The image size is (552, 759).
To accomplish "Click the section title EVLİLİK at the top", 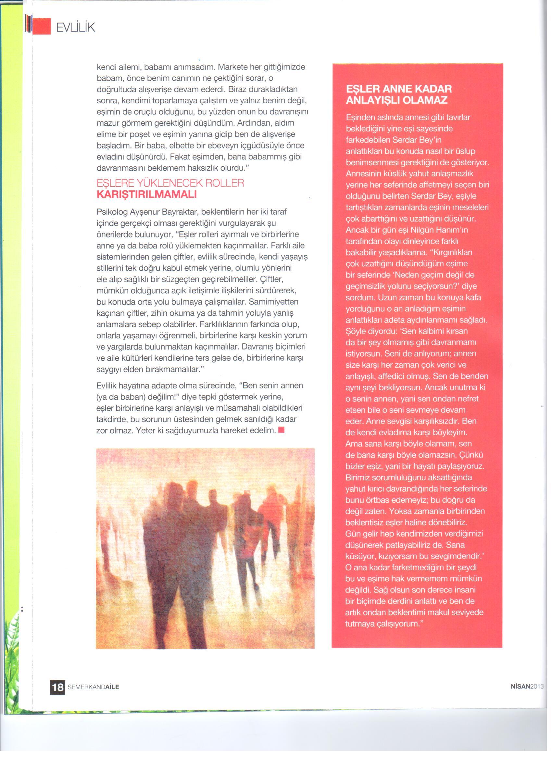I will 75,27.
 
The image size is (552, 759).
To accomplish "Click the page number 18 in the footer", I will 57,687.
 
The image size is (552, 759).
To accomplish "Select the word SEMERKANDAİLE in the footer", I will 93,687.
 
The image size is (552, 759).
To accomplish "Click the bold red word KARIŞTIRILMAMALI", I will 146,195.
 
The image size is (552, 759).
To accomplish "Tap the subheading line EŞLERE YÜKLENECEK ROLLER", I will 170,183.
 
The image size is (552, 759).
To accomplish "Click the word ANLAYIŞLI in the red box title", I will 372,100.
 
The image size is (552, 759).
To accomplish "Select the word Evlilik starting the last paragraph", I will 106,386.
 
